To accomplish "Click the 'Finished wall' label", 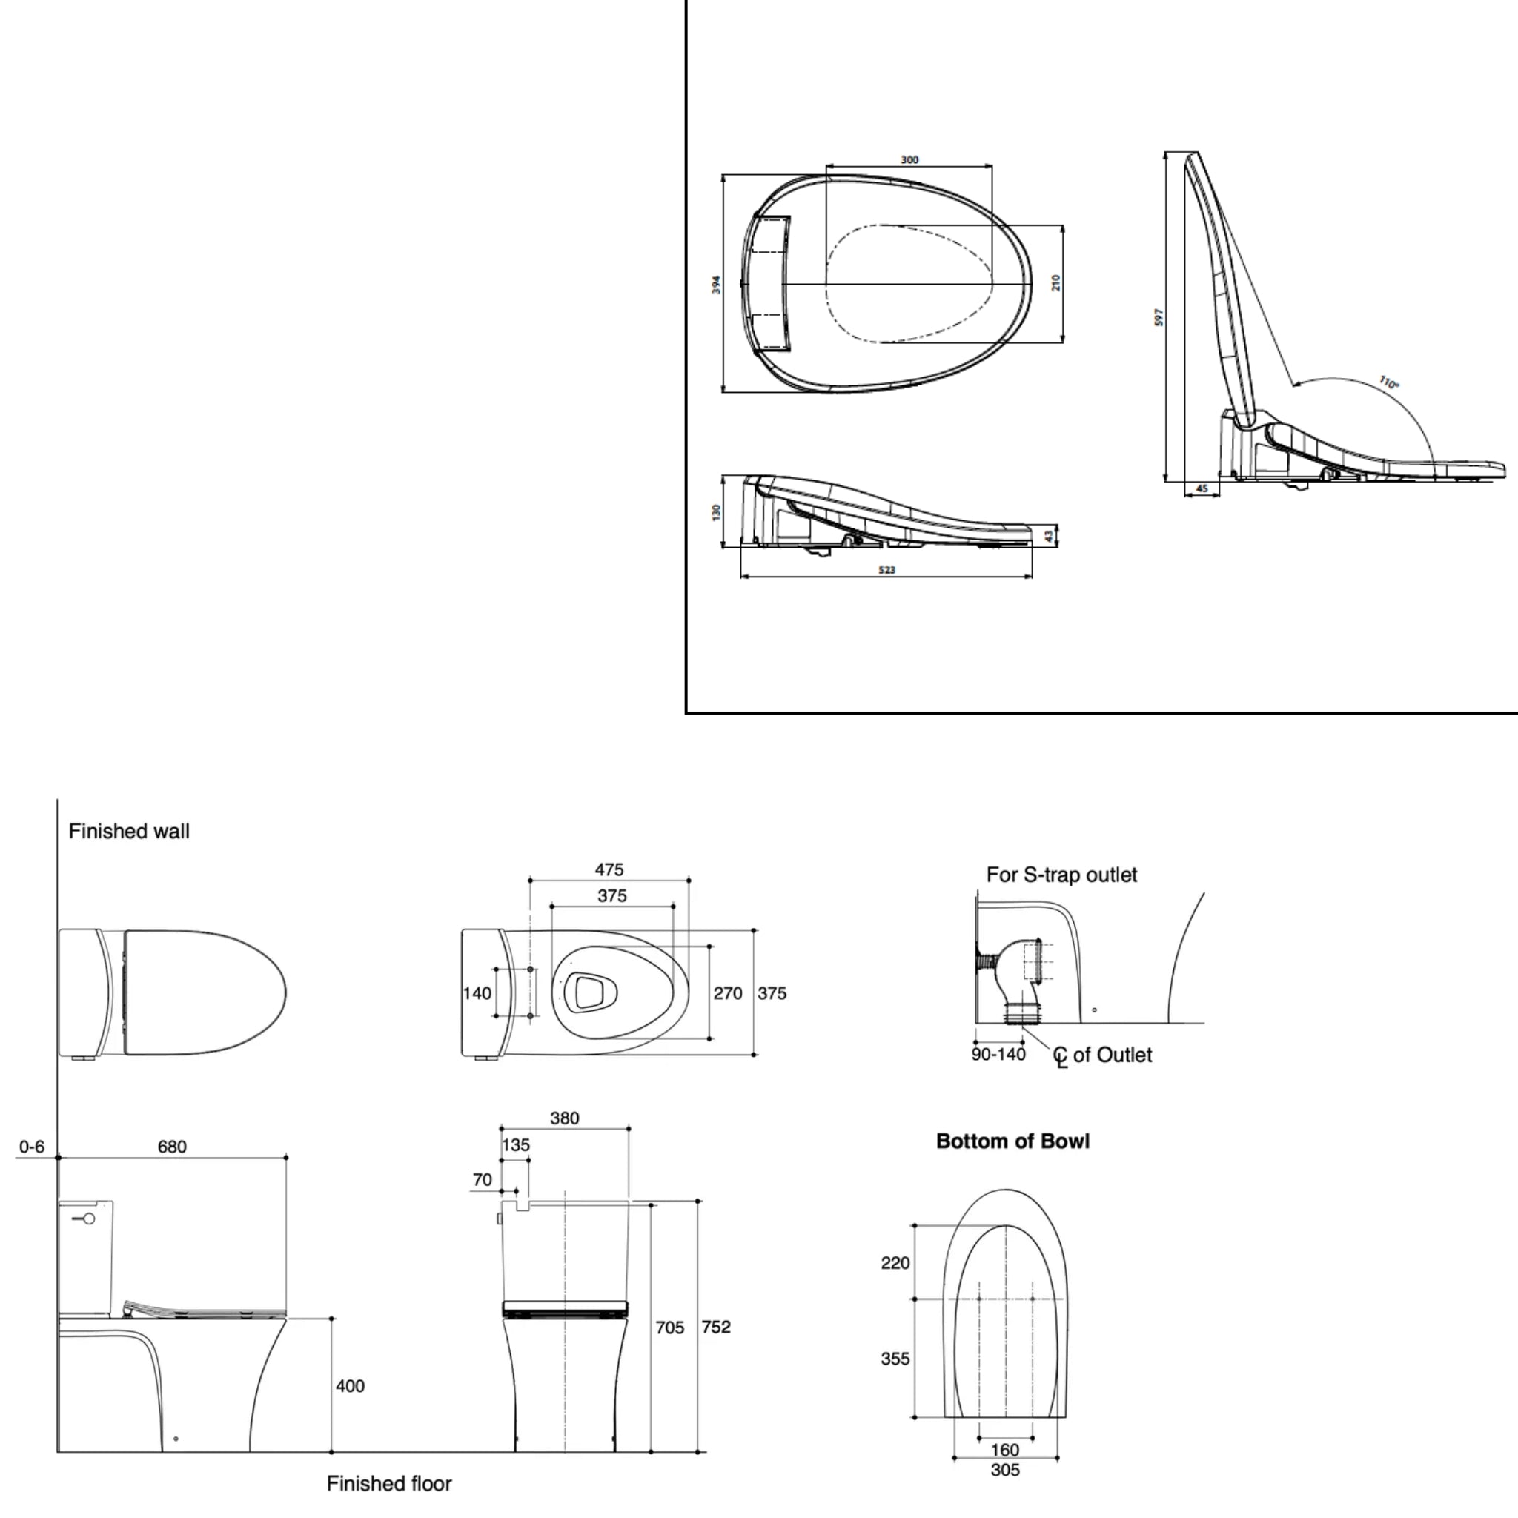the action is [129, 832].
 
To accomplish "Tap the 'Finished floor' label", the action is [389, 1483].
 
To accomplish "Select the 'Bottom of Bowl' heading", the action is [1012, 1141].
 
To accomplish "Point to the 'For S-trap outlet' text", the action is [1061, 875].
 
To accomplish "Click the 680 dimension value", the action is [172, 1147].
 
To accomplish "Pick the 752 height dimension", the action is [716, 1327].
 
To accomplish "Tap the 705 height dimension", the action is [669, 1328].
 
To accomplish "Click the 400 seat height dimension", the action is [351, 1386].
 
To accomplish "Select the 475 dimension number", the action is [609, 869].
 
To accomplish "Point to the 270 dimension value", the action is [728, 993].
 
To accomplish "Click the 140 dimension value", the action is [477, 993].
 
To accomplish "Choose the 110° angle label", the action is [1389, 383].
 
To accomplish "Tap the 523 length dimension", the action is [886, 570].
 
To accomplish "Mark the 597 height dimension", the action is [1159, 317].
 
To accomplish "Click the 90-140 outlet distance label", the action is [998, 1055].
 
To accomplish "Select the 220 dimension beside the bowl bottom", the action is [895, 1262].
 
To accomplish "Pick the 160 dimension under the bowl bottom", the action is [1005, 1450].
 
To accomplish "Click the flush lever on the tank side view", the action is [84, 1219].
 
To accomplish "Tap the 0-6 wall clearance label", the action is [31, 1147].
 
